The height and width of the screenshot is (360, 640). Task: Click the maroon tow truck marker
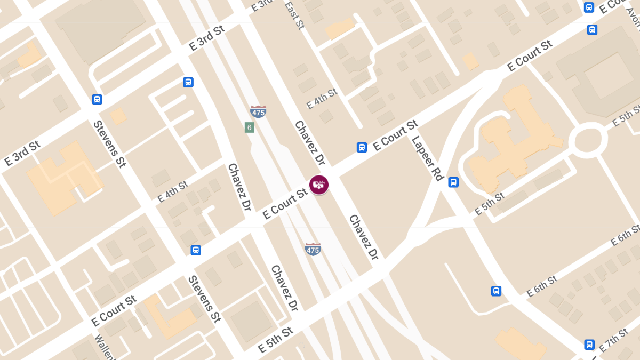click(x=319, y=185)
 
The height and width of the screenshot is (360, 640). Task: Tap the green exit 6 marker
click(x=249, y=127)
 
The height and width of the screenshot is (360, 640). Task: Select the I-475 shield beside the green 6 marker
click(x=258, y=111)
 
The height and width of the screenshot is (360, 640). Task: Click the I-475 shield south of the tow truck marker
click(x=313, y=249)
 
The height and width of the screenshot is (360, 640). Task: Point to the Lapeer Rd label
click(x=428, y=158)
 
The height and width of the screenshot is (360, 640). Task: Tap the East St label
click(x=294, y=15)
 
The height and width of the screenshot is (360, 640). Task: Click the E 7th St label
click(x=613, y=340)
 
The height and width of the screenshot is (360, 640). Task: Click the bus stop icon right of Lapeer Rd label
click(x=453, y=182)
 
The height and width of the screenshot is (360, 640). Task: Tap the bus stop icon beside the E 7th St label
click(x=589, y=345)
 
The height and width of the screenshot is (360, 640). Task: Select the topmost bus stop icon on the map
click(x=589, y=7)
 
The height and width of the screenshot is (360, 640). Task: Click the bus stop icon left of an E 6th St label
click(x=496, y=291)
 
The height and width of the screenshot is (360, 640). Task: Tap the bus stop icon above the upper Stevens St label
click(x=97, y=99)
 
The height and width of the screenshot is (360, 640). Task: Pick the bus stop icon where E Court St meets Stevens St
click(x=196, y=250)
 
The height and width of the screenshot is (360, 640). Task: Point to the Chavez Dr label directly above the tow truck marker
click(x=309, y=142)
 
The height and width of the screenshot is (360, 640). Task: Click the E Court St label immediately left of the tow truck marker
click(x=285, y=204)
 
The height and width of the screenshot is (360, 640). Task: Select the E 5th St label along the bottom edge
click(x=275, y=340)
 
